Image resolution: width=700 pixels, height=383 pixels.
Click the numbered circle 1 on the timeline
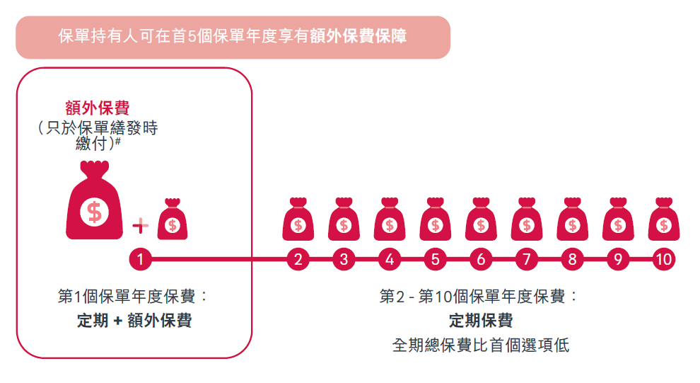(x=141, y=259)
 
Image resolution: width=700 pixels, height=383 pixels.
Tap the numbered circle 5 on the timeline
(x=435, y=259)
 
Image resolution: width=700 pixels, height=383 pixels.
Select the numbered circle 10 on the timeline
(x=663, y=259)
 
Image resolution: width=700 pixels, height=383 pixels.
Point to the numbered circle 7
(x=526, y=259)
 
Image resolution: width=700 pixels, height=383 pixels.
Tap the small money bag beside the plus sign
(x=173, y=220)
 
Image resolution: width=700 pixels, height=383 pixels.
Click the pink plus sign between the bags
(x=141, y=226)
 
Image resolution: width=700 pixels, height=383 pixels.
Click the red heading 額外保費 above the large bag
(x=97, y=108)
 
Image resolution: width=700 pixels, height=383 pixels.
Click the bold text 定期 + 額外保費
(x=134, y=321)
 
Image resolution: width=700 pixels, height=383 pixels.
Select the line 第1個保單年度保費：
(x=134, y=296)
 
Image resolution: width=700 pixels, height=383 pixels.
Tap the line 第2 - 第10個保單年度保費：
(x=479, y=296)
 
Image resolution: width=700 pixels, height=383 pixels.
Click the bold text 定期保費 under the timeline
(x=481, y=321)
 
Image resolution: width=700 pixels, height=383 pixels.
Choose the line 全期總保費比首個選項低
(x=481, y=345)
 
